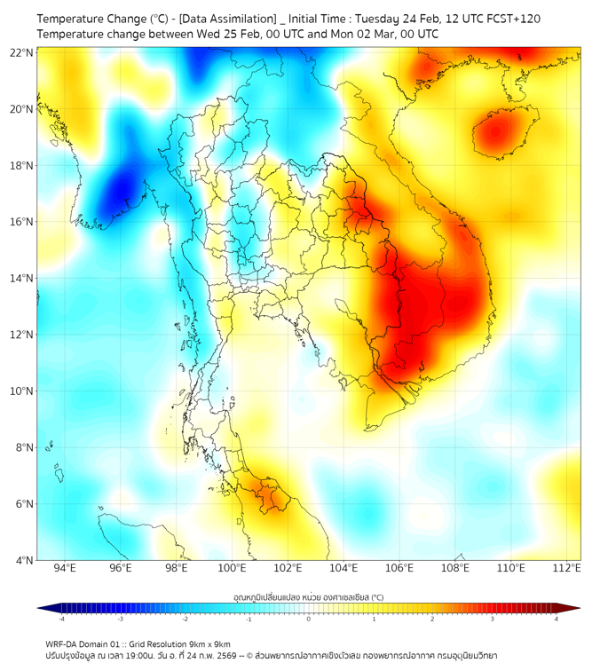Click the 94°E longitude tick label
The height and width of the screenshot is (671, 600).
tap(65, 568)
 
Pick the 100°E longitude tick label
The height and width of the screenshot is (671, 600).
tap(232, 568)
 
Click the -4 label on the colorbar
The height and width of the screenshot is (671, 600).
tap(61, 619)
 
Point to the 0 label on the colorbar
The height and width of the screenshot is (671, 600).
tap(309, 619)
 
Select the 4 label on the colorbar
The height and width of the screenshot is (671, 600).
tap(557, 619)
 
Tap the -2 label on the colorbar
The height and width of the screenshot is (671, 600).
tap(185, 619)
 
